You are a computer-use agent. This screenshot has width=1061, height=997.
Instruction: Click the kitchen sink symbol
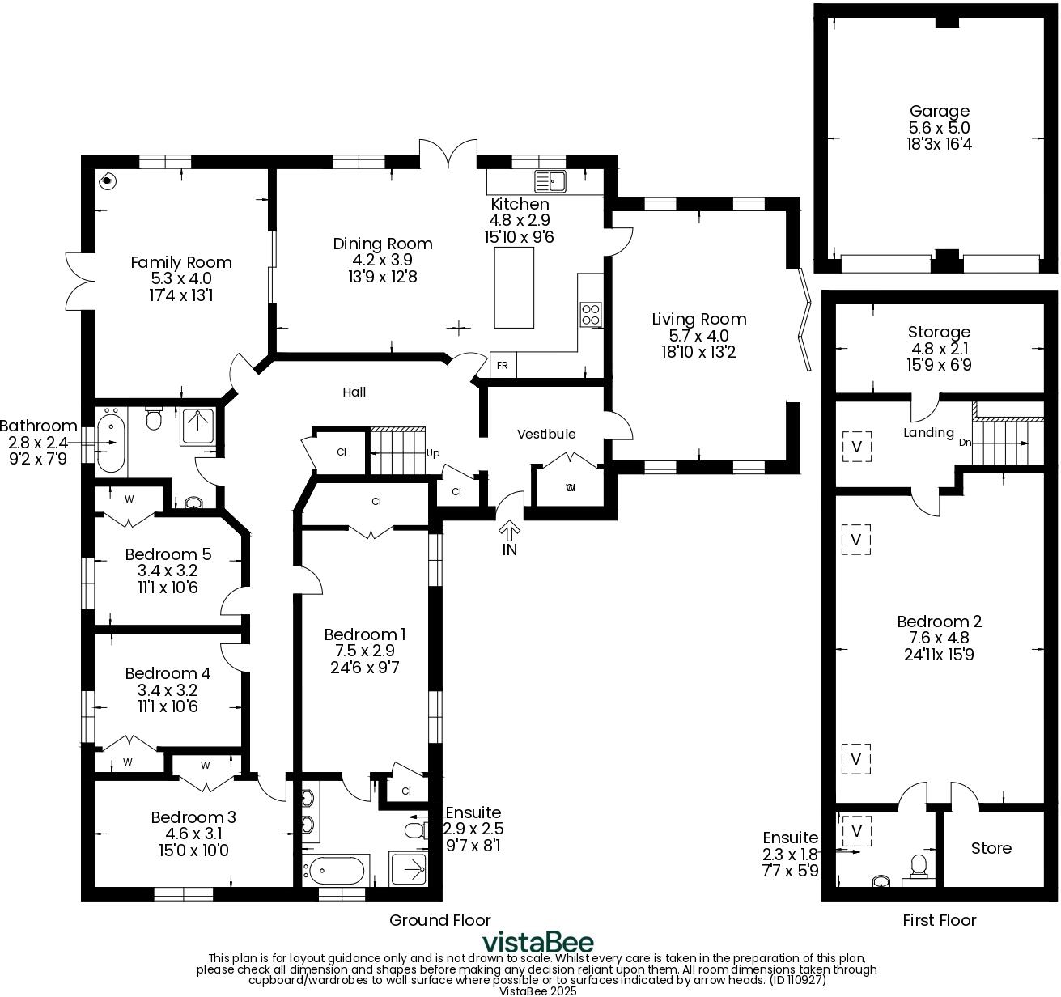tap(551, 180)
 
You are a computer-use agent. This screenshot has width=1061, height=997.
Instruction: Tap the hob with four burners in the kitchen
tap(591, 313)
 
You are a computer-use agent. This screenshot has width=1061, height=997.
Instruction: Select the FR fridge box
tap(502, 366)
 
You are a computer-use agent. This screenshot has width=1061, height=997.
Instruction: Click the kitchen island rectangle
tap(514, 287)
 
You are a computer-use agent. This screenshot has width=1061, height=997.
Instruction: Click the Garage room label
tap(939, 111)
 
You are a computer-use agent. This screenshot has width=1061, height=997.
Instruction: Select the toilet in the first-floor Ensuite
tap(919, 865)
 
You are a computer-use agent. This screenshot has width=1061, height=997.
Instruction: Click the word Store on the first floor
tap(991, 848)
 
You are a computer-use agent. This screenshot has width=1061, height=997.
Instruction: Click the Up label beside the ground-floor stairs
tap(433, 453)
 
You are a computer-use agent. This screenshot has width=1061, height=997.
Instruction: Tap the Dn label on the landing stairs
tap(965, 443)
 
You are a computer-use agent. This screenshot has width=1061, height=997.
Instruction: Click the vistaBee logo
tap(537, 943)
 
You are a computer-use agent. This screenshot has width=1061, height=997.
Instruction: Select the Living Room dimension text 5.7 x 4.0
tap(698, 336)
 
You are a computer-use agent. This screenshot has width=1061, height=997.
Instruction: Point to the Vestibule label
tap(546, 434)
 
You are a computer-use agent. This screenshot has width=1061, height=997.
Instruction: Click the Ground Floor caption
tap(439, 920)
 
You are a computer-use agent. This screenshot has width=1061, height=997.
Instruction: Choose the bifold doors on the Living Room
tap(804, 320)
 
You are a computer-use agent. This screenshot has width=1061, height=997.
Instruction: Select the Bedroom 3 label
tap(193, 817)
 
